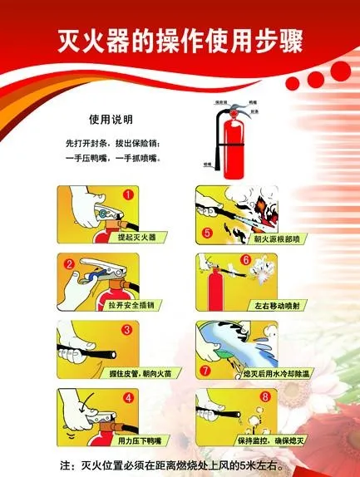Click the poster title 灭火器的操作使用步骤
click(x=180, y=39)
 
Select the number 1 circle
click(x=129, y=197)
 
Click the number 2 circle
click(x=70, y=266)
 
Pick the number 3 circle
click(x=128, y=330)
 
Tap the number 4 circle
click(x=128, y=397)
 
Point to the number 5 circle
click(x=207, y=232)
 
